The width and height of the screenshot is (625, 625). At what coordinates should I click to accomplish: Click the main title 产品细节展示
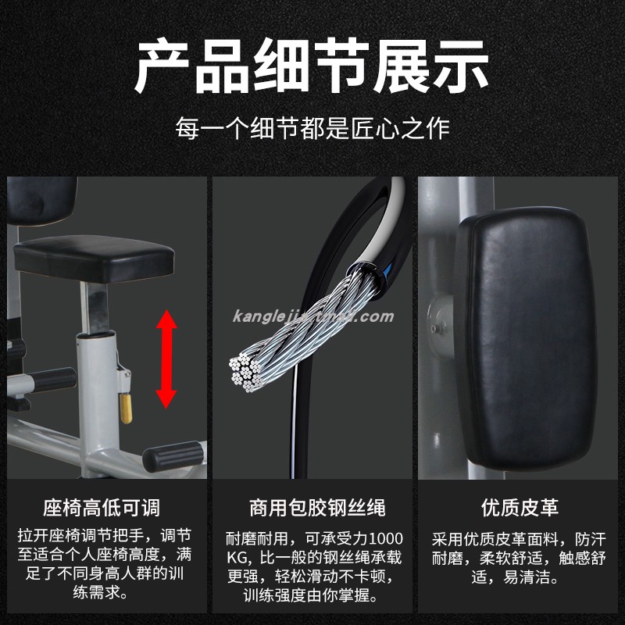point(312,66)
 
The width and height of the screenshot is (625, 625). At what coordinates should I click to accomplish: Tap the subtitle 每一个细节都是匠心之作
point(312,128)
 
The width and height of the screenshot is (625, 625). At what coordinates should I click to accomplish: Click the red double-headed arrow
point(166,359)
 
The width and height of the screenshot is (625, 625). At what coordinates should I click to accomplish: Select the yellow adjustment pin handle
point(126,409)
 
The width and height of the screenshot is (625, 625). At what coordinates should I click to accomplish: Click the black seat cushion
point(94,259)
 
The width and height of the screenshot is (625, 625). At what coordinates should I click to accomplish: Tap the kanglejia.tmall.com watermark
point(313,316)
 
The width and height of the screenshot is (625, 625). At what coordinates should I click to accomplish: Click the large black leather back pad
point(526,339)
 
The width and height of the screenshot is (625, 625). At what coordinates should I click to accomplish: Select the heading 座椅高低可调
point(102,508)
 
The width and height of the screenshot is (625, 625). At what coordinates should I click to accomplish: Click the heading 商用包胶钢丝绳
point(318,508)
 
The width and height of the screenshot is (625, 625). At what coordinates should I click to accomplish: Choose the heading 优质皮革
point(520,508)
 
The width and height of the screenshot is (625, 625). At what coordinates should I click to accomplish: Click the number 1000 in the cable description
point(386,538)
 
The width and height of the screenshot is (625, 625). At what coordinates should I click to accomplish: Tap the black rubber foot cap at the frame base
point(173,456)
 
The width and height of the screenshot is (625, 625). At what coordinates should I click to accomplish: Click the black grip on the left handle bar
point(54,380)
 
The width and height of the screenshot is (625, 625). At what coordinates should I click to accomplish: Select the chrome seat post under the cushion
point(95,308)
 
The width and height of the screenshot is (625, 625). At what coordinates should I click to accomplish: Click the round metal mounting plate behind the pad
point(441,327)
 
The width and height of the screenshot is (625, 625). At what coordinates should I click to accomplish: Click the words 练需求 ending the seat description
point(96,592)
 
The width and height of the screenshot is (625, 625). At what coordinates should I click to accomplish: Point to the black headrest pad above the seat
point(41,201)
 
